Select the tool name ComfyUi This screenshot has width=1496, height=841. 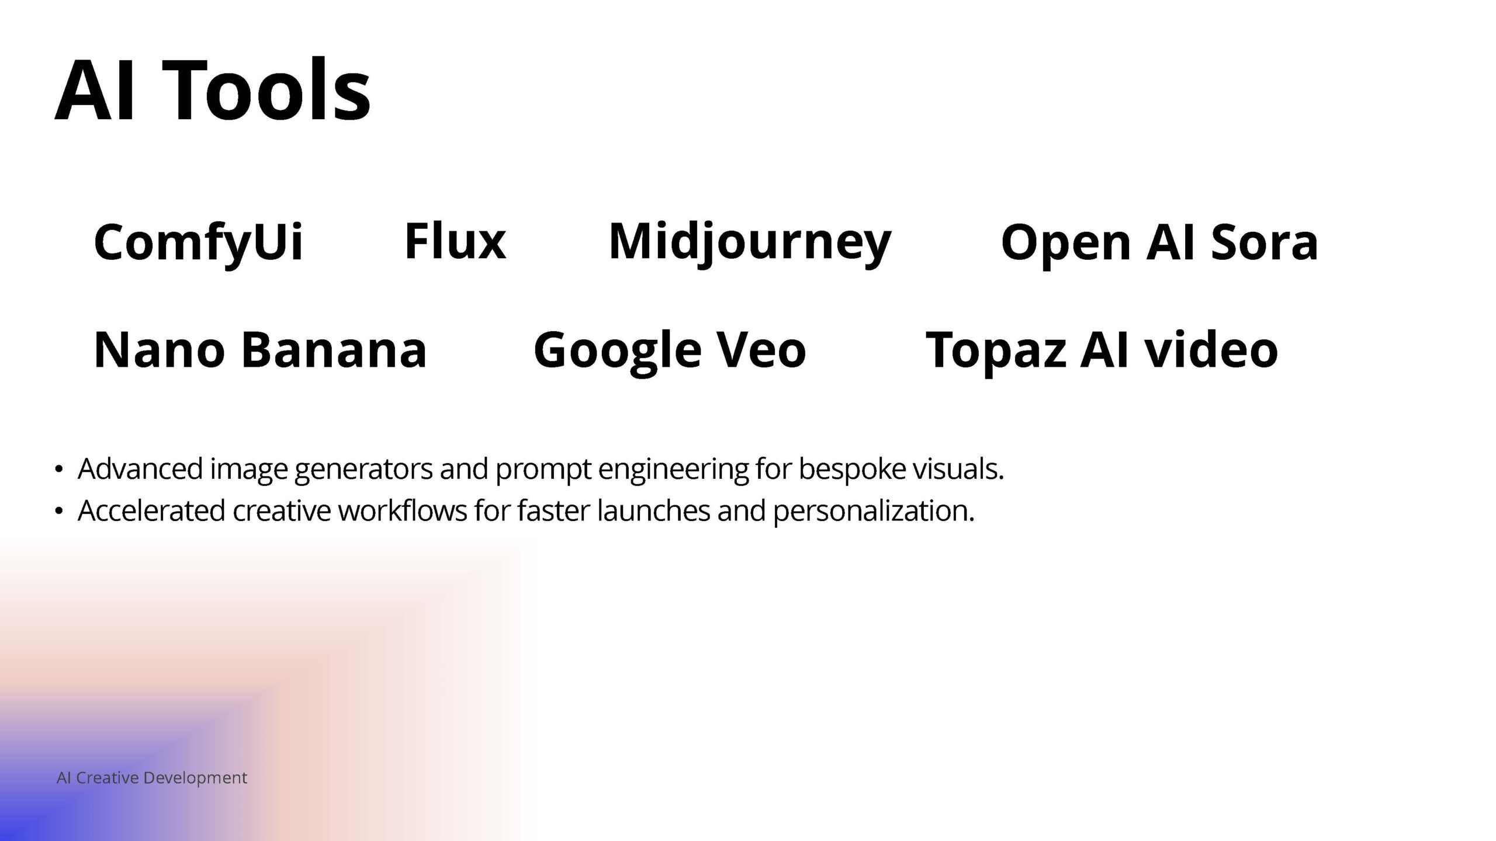click(x=198, y=242)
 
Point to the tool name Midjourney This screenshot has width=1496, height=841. click(x=750, y=242)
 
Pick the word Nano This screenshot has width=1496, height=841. click(x=159, y=349)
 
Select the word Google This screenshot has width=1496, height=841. click(x=617, y=352)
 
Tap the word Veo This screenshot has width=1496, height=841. click(x=761, y=349)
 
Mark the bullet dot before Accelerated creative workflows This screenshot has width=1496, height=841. click(x=58, y=511)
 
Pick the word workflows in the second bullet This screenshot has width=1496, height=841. click(x=403, y=510)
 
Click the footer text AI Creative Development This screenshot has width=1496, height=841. click(x=152, y=778)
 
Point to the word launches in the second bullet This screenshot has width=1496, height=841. click(x=654, y=510)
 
